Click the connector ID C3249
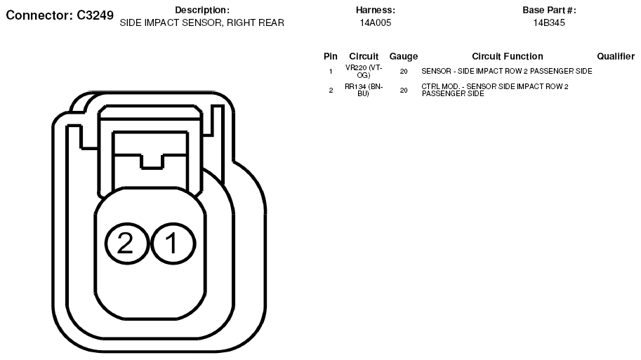pos(95,15)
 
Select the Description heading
pos(202,11)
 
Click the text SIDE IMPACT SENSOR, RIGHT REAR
pos(202,23)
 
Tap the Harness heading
pos(376,11)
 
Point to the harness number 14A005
pos(376,23)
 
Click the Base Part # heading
pos(549,11)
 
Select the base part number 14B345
pos(549,23)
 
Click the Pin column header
pos(330,56)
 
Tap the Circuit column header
pos(364,56)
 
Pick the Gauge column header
pos(404,56)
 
